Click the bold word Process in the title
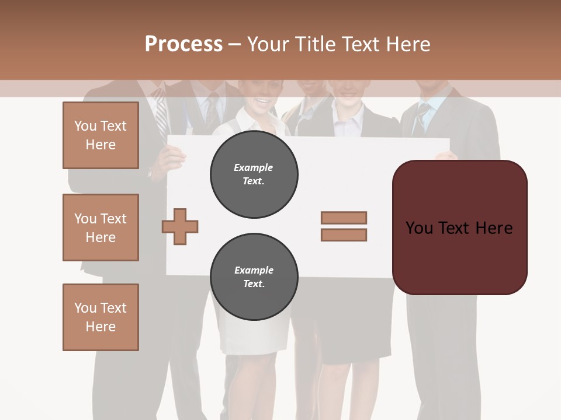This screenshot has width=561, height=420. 183,44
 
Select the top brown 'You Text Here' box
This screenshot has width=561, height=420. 101,135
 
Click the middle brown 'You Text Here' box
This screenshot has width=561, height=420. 101,228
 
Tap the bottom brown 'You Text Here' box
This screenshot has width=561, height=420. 101,317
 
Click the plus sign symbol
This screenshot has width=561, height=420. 180,226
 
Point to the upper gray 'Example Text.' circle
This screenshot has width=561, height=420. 254,174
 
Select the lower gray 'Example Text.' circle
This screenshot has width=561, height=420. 254,277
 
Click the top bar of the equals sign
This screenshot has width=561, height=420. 344,218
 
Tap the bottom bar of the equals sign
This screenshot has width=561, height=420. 344,235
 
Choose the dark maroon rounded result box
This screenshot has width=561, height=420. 459,228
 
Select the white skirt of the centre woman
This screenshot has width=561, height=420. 257,335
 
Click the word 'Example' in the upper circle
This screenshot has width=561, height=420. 254,167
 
